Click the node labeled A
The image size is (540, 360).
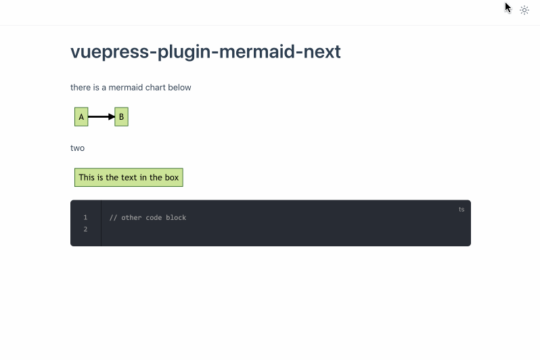[81, 117]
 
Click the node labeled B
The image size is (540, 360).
[121, 117]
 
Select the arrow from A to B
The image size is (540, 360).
[100, 117]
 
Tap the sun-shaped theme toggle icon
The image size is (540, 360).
[524, 10]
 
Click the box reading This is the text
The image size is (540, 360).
[129, 177]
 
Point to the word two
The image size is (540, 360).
[77, 148]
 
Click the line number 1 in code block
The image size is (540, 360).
[86, 217]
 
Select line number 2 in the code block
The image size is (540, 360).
[86, 229]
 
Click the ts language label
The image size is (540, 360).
[462, 210]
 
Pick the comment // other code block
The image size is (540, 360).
[148, 217]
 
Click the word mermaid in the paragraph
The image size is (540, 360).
[125, 87]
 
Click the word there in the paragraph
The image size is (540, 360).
[81, 87]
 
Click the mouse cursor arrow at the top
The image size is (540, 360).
[508, 7]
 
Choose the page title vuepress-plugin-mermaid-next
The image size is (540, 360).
[205, 51]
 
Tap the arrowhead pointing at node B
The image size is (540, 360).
[112, 117]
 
